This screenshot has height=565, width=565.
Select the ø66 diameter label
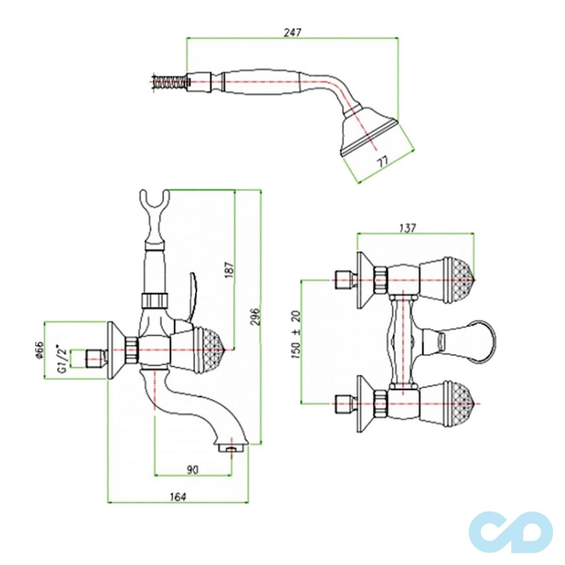click(x=38, y=350)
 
